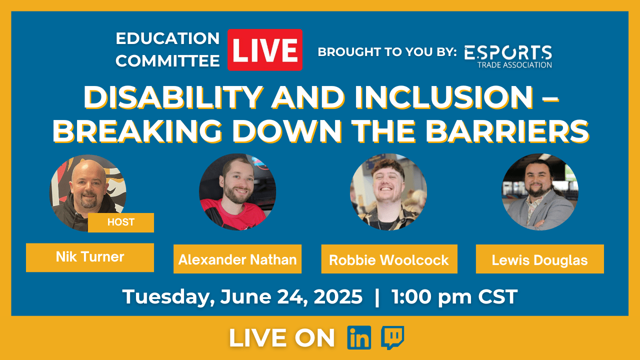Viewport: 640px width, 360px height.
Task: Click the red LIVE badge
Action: (x=265, y=49)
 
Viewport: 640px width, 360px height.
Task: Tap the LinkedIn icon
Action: (x=359, y=337)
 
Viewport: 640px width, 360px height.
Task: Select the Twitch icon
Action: (x=392, y=337)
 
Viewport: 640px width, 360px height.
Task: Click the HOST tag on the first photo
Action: (x=121, y=222)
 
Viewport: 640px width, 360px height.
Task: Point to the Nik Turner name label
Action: (x=90, y=257)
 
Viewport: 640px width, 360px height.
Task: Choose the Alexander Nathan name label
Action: (x=237, y=259)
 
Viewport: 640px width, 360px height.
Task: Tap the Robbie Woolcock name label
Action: (x=389, y=259)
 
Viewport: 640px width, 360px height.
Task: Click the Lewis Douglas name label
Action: (x=539, y=259)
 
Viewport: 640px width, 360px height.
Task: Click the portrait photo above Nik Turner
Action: (x=87, y=193)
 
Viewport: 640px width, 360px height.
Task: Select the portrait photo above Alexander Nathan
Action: (x=237, y=192)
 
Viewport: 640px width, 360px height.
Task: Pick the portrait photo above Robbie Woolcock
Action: (x=388, y=192)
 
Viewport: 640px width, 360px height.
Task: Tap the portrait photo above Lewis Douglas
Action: (x=540, y=192)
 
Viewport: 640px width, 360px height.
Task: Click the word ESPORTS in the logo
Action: (x=508, y=52)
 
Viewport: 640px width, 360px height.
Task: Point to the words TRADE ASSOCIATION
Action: (x=514, y=65)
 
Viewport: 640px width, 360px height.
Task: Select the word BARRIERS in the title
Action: (x=507, y=131)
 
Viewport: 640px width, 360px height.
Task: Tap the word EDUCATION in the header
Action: (x=167, y=38)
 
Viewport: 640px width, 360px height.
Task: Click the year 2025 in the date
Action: (x=338, y=296)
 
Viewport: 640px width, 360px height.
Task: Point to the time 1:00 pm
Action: (x=431, y=297)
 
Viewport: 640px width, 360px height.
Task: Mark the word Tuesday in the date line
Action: (x=168, y=297)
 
